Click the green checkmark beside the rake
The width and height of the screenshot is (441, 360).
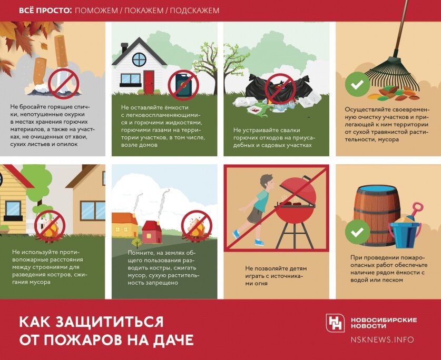[x=357, y=84]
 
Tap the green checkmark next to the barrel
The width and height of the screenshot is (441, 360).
[x=357, y=232]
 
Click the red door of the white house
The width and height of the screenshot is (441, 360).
[x=149, y=82]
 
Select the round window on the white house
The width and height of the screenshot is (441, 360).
[x=139, y=59]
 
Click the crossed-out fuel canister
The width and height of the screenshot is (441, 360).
[x=183, y=85]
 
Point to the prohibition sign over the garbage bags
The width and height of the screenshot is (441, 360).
[x=280, y=89]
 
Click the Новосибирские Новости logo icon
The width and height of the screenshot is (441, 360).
[x=335, y=323]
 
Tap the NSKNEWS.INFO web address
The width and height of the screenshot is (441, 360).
[x=382, y=339]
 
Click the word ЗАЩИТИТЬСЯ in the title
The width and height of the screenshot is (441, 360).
[x=109, y=322]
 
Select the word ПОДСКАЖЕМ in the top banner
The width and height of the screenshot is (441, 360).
[x=194, y=11]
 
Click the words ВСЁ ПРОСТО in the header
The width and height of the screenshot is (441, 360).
[x=44, y=11]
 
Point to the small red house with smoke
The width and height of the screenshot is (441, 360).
[x=152, y=232]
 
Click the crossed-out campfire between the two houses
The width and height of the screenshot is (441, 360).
[x=50, y=226]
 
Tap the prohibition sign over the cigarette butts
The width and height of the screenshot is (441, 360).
[x=63, y=84]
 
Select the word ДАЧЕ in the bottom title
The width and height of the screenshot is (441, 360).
[x=173, y=339]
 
